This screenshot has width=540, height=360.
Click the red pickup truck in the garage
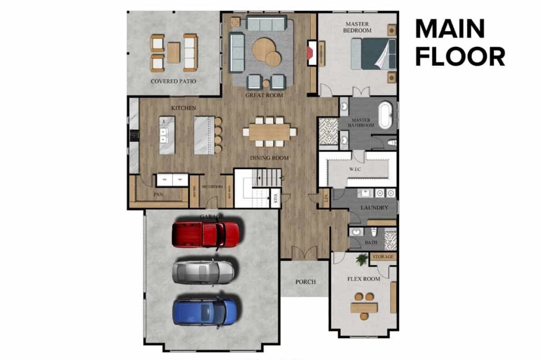206,234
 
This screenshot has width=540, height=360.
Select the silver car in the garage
204,271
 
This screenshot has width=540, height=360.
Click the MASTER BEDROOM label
358,27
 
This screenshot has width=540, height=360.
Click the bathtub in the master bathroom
385,115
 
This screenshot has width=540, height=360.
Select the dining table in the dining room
269,132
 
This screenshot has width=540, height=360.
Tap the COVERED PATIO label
173,81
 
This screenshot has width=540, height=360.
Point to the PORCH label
305,281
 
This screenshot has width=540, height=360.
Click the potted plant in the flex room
362,259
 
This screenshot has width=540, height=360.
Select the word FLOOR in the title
460,56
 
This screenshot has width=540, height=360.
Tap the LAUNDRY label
374,208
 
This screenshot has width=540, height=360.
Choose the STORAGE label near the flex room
383,257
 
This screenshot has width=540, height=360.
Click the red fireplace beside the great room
312,53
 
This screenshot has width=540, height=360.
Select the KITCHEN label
183,108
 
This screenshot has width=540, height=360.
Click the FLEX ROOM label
363,279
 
